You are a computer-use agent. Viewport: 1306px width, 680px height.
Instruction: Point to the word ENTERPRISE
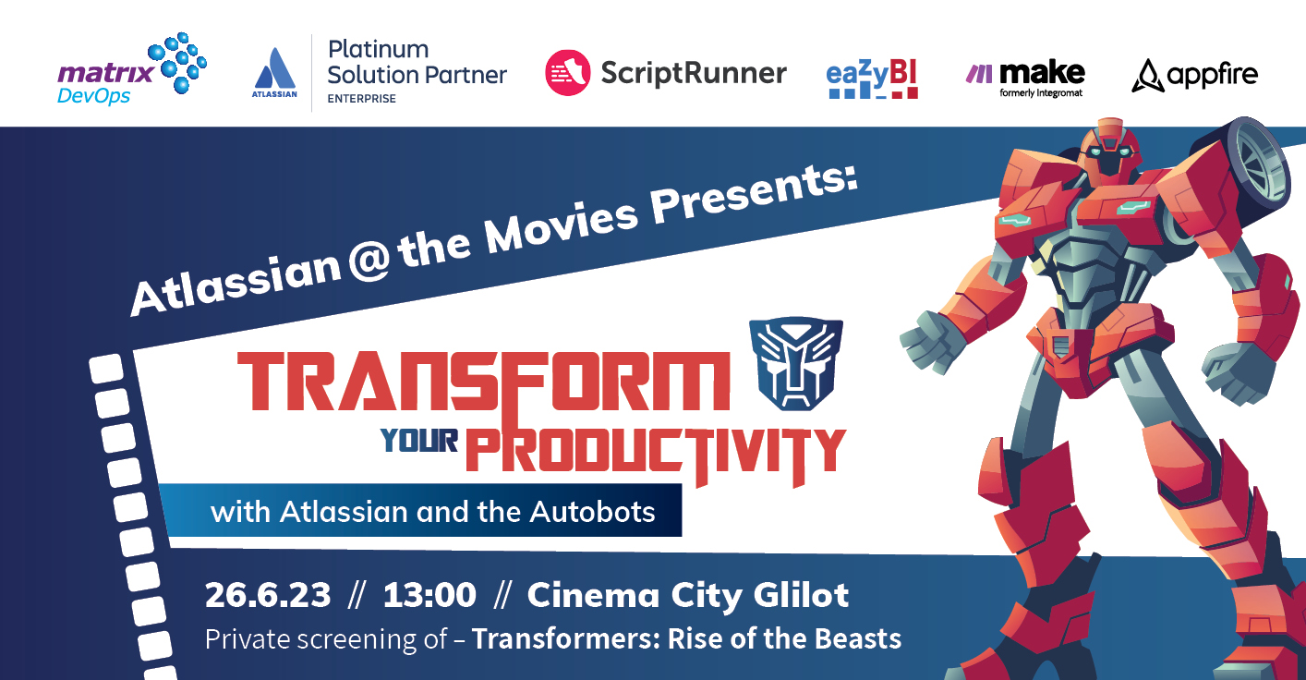[x=361, y=99]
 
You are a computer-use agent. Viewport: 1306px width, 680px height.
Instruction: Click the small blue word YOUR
[x=420, y=443]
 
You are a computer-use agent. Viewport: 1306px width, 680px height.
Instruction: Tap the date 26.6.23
[x=267, y=595]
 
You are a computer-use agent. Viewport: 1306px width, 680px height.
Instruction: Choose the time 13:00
[x=429, y=595]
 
